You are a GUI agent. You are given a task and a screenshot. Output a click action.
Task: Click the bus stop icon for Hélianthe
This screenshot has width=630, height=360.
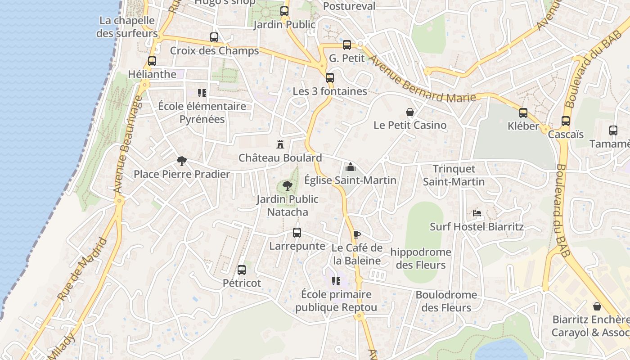point(152,61)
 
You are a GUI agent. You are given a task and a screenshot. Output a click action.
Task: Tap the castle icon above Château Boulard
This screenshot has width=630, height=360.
point(280,144)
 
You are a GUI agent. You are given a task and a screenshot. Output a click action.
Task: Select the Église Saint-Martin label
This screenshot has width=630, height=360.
point(350,180)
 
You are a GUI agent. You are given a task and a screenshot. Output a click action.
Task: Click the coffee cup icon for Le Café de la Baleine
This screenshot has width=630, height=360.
point(356,234)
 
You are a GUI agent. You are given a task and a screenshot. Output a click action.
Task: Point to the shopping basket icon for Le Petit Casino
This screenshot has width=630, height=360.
point(410,112)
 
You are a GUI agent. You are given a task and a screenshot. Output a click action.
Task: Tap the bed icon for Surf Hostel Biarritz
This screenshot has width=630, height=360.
point(477,213)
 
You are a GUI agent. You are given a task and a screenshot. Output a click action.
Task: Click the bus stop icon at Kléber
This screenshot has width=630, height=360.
point(523,113)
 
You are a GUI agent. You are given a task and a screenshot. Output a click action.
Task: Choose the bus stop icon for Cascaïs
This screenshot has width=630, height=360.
point(566,121)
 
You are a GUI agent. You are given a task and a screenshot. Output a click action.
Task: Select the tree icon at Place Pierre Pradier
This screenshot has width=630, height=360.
point(182,161)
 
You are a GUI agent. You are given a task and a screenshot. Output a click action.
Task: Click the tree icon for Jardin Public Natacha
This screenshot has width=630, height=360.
point(288,185)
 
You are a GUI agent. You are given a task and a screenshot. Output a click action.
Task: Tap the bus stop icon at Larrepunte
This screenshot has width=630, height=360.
point(297,233)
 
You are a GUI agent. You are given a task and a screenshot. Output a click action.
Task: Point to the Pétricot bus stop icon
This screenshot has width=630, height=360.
point(242,270)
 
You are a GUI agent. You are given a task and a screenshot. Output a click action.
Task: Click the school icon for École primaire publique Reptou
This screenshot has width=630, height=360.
point(336,281)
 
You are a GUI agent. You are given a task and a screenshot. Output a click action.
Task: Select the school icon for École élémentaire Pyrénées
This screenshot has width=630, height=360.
point(202,93)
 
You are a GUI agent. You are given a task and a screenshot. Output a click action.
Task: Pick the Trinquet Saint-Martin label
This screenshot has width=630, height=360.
point(454,175)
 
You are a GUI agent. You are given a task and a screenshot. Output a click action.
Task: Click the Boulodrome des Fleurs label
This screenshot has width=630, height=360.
point(446,301)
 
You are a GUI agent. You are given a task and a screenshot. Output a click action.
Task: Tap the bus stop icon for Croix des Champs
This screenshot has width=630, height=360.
point(214,37)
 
